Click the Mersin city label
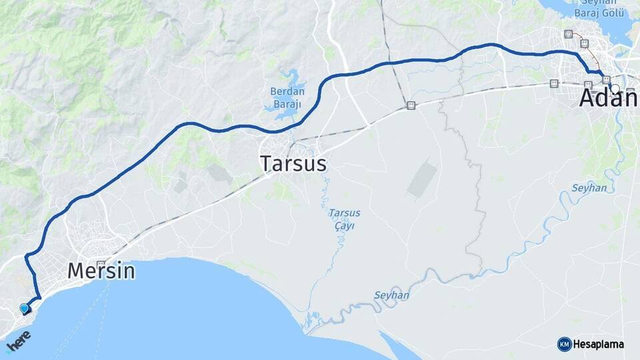[101, 271]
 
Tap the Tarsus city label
[293, 163]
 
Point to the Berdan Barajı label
[287, 98]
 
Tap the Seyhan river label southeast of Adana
[589, 188]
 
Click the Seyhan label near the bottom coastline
[391, 295]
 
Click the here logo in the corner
[19, 341]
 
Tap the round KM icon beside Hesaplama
[564, 344]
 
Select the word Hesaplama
[599, 344]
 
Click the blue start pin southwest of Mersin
[25, 309]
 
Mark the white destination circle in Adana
[615, 89]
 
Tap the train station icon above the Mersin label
[101, 263]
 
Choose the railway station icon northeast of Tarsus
[411, 105]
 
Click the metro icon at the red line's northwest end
[568, 34]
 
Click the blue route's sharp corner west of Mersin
[27, 257]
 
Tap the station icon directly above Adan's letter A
[588, 84]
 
